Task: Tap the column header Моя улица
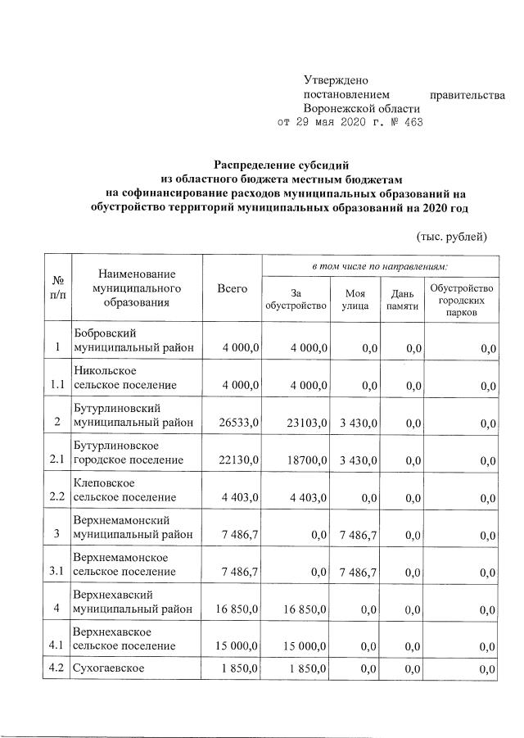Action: (x=355, y=299)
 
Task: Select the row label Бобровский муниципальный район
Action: (x=133, y=340)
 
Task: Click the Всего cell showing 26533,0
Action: (x=239, y=422)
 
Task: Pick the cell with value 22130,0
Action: (x=239, y=460)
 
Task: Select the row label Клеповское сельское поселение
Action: (x=124, y=490)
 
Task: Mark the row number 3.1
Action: (x=56, y=573)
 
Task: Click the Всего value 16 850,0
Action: (x=237, y=609)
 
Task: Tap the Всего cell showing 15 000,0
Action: (x=237, y=647)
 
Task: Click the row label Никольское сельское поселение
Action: (x=124, y=377)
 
